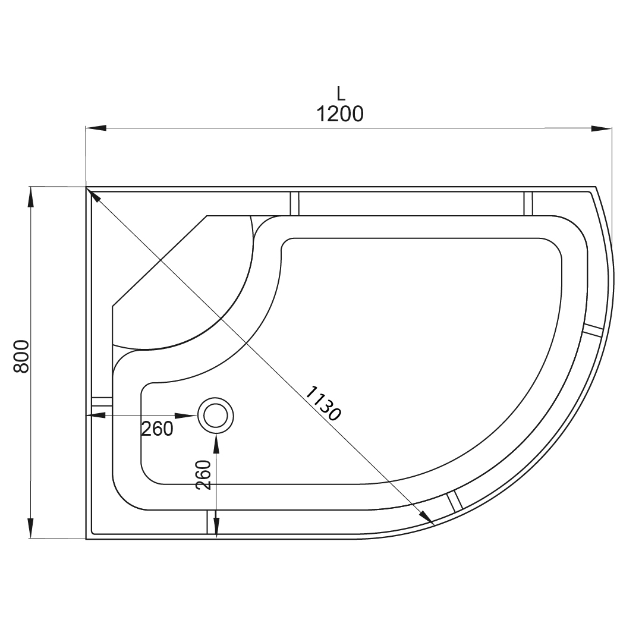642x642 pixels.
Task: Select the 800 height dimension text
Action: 22,356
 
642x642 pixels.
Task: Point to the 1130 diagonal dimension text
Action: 323,403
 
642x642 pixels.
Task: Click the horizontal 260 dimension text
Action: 157,429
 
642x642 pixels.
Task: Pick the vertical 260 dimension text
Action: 203,474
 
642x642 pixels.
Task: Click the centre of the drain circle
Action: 216,416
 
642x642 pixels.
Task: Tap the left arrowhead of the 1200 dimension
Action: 96,128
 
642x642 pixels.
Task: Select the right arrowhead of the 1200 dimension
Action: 602,128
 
